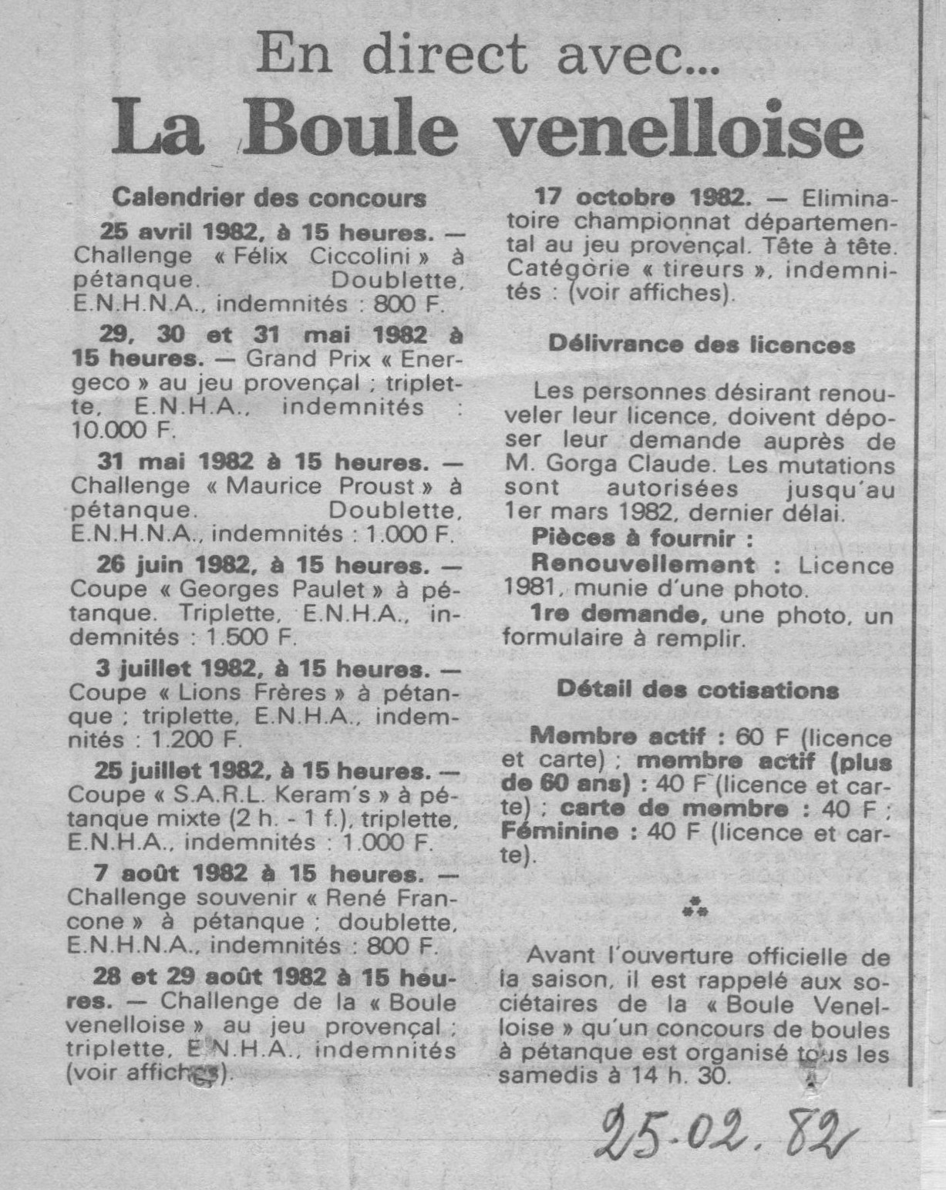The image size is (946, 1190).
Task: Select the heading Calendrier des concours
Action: coord(269,198)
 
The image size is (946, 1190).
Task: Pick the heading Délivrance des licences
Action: coord(702,345)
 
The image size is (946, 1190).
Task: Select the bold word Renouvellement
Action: coord(642,564)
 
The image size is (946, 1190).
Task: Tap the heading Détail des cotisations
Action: coord(698,689)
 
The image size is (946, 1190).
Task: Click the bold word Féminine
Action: coord(559,832)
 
